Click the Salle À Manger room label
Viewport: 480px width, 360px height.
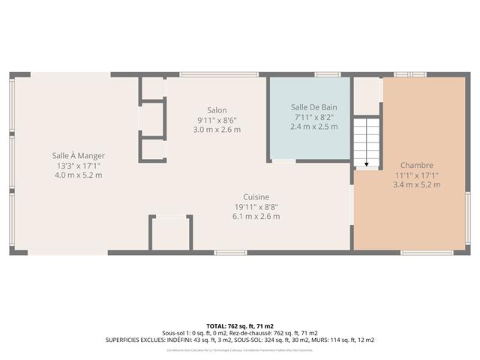(x=78, y=155)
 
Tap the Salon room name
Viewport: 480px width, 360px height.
(x=217, y=110)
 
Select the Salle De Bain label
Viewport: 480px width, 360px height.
(x=313, y=107)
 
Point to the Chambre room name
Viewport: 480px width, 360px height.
(x=416, y=166)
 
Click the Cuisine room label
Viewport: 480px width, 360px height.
(x=256, y=197)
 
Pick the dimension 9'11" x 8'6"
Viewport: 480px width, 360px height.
(x=217, y=120)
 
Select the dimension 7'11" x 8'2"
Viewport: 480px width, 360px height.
(x=313, y=117)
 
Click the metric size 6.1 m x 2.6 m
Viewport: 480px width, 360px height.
(x=256, y=217)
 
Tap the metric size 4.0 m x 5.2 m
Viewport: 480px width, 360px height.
(x=78, y=175)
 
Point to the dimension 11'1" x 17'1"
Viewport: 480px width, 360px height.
(x=416, y=175)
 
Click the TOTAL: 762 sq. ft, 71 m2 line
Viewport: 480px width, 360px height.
(x=240, y=326)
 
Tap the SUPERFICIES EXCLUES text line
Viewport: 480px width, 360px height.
(x=240, y=340)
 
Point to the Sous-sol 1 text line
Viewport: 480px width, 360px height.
(x=240, y=333)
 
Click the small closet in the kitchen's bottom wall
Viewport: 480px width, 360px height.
(x=172, y=234)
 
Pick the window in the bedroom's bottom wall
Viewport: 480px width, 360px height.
(x=427, y=252)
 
